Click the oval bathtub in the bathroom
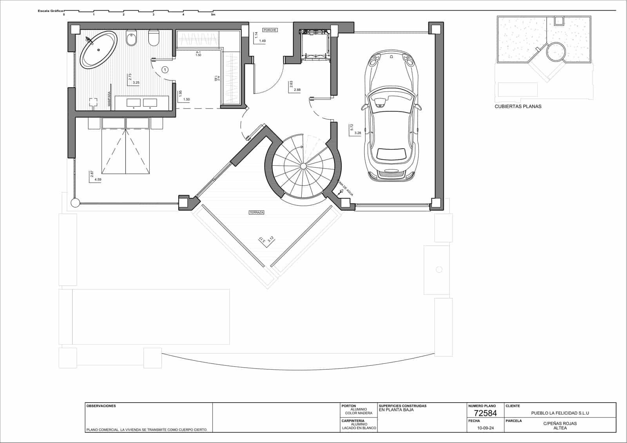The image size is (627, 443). point(98,50)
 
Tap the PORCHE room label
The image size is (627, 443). point(270,30)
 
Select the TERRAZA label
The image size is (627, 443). point(256,212)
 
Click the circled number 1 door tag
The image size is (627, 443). point(165,70)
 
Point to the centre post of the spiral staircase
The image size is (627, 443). point(303,166)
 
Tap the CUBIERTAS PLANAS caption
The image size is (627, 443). point(518,106)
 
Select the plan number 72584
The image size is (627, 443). point(485,413)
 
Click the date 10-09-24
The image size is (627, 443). point(485,428)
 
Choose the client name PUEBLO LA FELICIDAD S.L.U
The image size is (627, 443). point(560,413)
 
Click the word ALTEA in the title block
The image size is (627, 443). point(560,428)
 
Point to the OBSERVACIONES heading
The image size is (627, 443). point(101,406)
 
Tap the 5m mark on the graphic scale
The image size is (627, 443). point(213,15)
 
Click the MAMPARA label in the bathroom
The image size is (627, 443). point(109,99)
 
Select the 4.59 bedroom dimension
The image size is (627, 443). point(98,180)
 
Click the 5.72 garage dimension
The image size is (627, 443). point(352,127)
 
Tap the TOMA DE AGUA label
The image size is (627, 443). point(345,187)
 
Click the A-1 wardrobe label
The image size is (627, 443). point(198,52)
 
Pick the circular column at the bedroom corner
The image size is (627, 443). point(75,203)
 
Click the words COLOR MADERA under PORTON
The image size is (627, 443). point(359,413)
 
